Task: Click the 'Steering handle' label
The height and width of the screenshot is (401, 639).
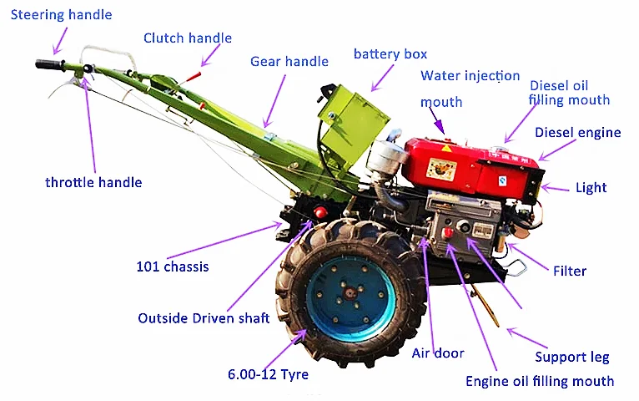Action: click(61, 15)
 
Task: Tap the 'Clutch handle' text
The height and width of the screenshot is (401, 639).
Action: click(188, 38)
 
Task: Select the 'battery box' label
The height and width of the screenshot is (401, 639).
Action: click(390, 54)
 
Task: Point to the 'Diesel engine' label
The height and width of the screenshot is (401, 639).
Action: click(577, 132)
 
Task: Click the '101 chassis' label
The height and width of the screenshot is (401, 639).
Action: click(173, 267)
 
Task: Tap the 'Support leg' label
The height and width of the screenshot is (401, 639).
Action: click(572, 357)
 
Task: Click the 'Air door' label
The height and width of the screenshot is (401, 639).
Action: click(438, 353)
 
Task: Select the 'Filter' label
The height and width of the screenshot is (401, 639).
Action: click(570, 271)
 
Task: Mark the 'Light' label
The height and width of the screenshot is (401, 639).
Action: click(591, 188)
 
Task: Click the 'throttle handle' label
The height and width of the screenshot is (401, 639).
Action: click(93, 182)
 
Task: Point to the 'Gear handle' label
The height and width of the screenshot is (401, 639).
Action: click(289, 61)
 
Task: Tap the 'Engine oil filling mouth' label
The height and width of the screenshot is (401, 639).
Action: click(539, 381)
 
